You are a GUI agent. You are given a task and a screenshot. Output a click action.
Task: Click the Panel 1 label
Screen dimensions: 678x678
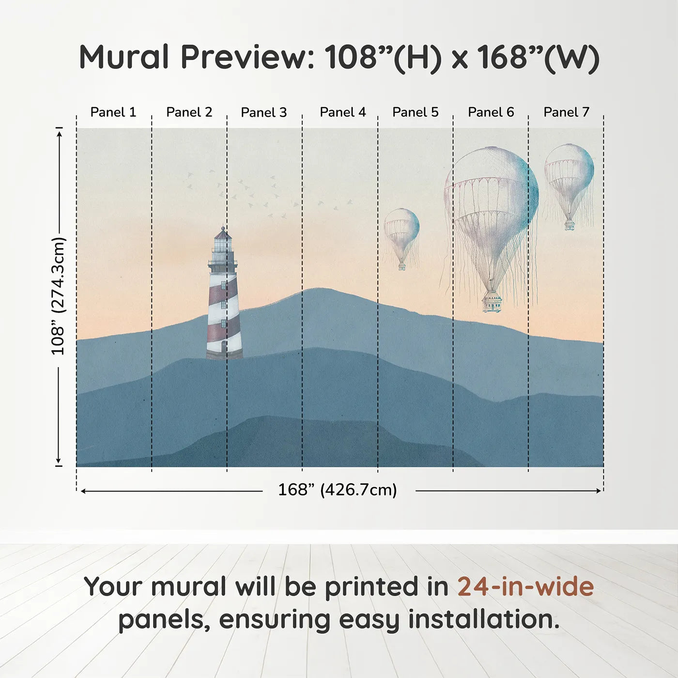point(113,112)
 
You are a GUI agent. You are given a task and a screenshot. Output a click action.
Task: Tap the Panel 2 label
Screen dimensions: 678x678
point(189,112)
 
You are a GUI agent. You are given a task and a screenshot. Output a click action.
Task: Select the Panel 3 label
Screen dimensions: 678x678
point(264,112)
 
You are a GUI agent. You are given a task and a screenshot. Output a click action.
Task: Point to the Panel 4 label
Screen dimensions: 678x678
point(343,112)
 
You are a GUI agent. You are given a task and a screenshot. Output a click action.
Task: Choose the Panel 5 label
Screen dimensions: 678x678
point(416,112)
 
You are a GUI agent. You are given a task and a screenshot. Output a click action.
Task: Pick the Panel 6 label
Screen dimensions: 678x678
point(491,112)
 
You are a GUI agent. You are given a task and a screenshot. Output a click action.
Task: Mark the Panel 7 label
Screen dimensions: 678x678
point(566,112)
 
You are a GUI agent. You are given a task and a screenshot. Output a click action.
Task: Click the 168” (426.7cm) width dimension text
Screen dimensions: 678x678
point(338,490)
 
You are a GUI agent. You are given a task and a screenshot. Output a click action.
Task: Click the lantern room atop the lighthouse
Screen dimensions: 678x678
point(222,242)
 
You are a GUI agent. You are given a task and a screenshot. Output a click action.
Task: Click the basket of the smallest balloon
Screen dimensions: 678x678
point(402,266)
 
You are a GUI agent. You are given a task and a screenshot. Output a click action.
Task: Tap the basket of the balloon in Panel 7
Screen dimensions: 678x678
point(570,225)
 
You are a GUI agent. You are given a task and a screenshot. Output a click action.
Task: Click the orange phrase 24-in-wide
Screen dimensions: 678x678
point(525,587)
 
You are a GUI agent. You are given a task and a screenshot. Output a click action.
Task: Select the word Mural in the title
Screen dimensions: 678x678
point(124,57)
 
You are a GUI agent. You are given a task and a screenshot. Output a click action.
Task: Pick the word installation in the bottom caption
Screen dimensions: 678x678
point(484,619)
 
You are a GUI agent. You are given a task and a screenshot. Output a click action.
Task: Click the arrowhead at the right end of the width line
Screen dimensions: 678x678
point(599,491)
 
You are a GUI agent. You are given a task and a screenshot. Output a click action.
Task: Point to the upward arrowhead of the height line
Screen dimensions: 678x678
point(60,133)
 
